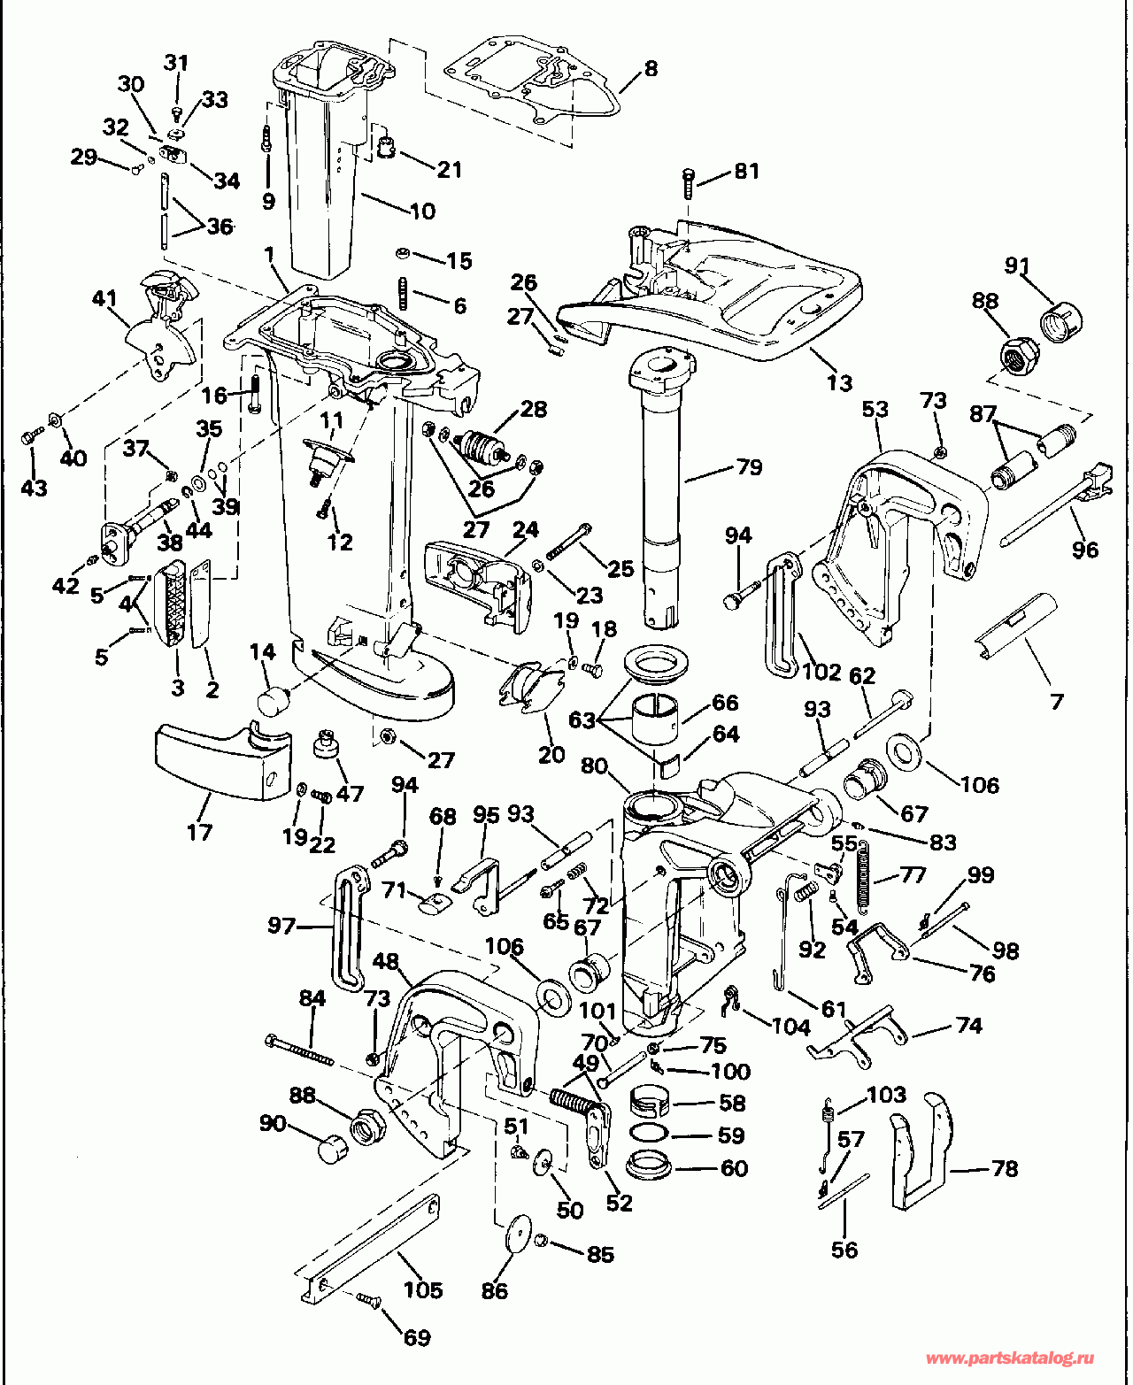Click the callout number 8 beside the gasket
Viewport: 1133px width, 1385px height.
tap(651, 68)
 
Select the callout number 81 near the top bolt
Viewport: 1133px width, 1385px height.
tap(747, 171)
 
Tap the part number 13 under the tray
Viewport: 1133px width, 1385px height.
tap(839, 382)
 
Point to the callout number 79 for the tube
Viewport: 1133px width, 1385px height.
tap(750, 466)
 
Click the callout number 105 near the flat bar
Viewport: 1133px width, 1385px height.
tap(422, 1289)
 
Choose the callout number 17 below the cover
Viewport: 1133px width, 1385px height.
tap(200, 831)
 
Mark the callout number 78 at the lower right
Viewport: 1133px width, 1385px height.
tap(1005, 1168)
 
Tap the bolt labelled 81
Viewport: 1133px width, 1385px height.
tap(690, 183)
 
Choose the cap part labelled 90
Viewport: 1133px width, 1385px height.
tap(330, 1150)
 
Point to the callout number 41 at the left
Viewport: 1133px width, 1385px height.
tap(104, 298)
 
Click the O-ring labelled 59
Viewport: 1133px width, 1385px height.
tap(649, 1135)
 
